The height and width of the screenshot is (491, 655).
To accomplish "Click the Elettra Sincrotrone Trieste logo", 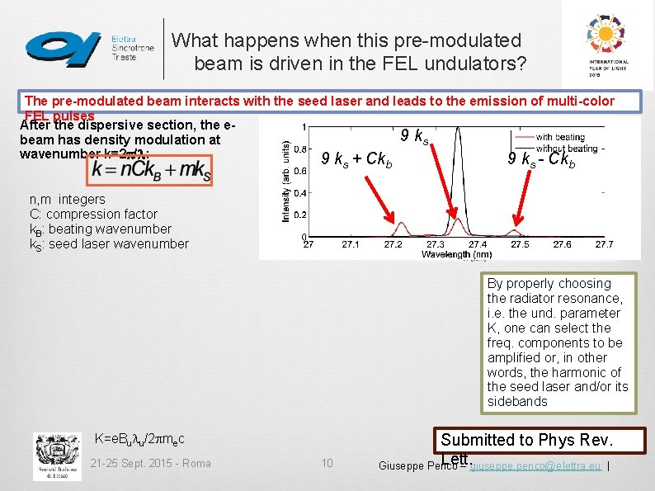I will [x=89, y=47].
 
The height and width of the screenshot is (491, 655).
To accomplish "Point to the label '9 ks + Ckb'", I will [x=356, y=158].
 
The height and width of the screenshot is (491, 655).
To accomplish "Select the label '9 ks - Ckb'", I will [x=542, y=158].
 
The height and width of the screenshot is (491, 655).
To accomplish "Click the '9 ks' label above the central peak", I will [x=414, y=135].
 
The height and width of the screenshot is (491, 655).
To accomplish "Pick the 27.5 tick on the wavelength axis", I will [x=520, y=245].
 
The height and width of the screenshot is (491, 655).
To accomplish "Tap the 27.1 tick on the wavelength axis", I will [x=350, y=245].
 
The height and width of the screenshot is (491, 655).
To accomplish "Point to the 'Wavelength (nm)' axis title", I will [x=455, y=255].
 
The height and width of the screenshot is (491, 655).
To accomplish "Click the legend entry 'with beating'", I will [x=571, y=137].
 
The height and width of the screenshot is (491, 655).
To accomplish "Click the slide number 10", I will [x=327, y=463].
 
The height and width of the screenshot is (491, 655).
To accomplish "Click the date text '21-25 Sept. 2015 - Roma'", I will [x=150, y=463].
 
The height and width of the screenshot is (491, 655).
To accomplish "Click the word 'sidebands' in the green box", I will [x=517, y=401].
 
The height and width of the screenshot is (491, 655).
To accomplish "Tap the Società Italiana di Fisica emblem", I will [x=57, y=456].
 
